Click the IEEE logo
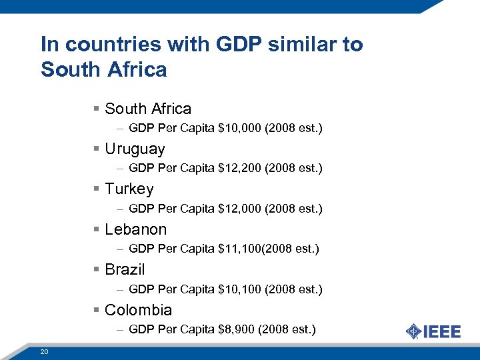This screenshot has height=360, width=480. (x=433, y=331)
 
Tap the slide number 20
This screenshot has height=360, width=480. (x=44, y=351)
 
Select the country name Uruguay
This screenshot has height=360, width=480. (x=135, y=149)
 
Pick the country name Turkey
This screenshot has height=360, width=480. (x=129, y=189)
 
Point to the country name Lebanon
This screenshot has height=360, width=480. (x=136, y=229)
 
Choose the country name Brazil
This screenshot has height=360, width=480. (x=125, y=269)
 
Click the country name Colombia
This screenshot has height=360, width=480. (x=139, y=310)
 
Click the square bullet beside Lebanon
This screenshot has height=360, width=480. (x=97, y=230)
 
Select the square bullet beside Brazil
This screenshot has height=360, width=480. (x=97, y=270)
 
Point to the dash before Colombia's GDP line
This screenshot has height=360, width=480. (x=119, y=329)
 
